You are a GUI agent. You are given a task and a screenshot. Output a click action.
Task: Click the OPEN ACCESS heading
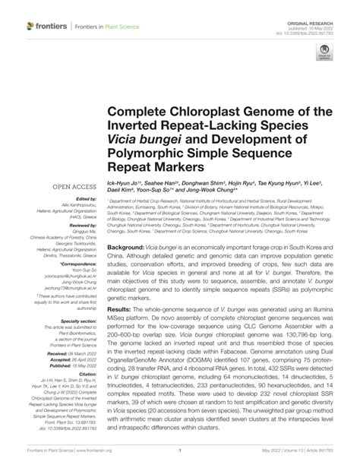coord(74,185)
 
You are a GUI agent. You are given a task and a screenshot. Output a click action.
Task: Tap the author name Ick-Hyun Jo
coord(127,185)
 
